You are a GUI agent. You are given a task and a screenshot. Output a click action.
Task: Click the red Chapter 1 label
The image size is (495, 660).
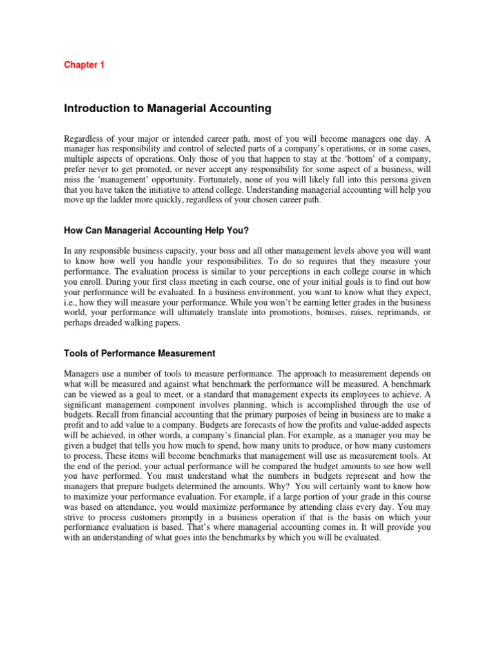[x=84, y=64]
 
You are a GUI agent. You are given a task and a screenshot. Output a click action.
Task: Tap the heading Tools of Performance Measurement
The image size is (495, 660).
[x=139, y=353]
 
